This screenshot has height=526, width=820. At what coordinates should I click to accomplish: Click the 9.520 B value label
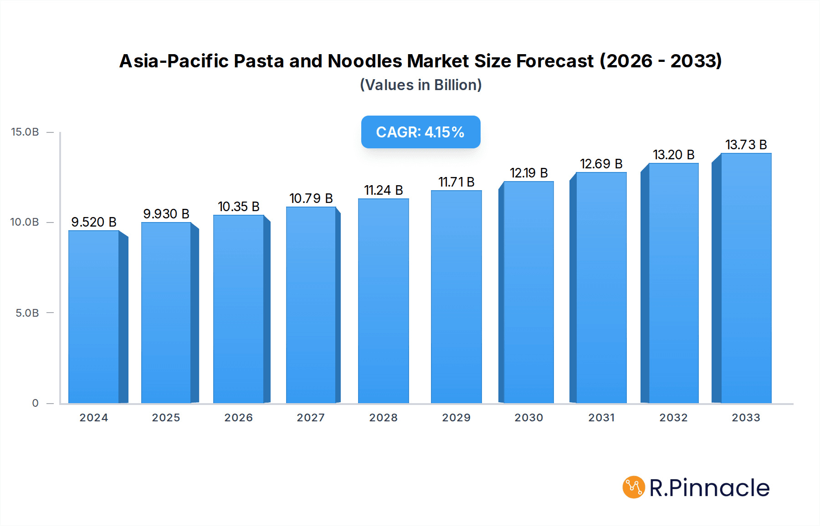pyautogui.click(x=94, y=222)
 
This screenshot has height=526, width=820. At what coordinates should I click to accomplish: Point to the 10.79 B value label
pyautogui.click(x=311, y=198)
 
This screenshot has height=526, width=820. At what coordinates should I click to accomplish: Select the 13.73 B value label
pyautogui.click(x=746, y=145)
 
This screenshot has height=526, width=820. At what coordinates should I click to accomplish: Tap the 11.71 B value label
pyautogui.click(x=456, y=182)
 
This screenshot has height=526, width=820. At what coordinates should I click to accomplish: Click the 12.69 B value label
pyautogui.click(x=601, y=164)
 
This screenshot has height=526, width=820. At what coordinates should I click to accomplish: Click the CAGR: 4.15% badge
pyautogui.click(x=420, y=132)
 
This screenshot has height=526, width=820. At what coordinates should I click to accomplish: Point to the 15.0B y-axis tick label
pyautogui.click(x=25, y=132)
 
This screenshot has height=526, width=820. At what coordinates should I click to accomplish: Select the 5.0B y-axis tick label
pyautogui.click(x=27, y=313)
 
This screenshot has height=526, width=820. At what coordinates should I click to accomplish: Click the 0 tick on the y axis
pyautogui.click(x=35, y=403)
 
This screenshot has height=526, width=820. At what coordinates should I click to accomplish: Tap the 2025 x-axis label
pyautogui.click(x=166, y=418)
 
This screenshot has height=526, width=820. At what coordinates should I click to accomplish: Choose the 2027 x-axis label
pyautogui.click(x=311, y=418)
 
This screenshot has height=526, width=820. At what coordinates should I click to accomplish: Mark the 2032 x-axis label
pyautogui.click(x=673, y=418)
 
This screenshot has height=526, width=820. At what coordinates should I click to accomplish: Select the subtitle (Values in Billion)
pyautogui.click(x=420, y=85)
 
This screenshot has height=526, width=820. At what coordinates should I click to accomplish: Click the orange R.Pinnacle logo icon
pyautogui.click(x=634, y=487)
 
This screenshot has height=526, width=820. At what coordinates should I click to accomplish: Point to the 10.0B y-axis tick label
pyautogui.click(x=25, y=222)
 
